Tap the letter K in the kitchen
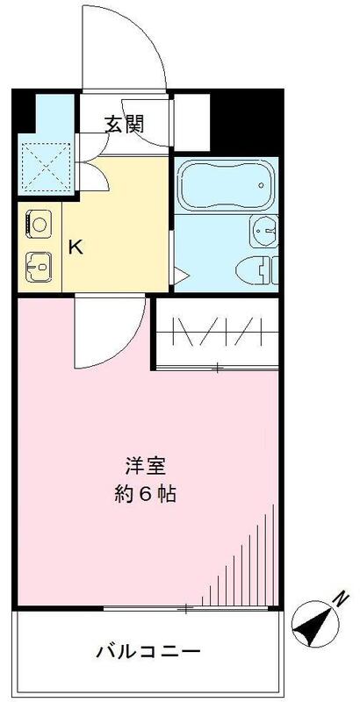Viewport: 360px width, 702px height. [76, 247]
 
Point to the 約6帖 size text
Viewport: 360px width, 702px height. [146, 493]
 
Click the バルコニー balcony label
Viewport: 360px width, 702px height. [148, 652]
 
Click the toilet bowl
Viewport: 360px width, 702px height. [258, 266]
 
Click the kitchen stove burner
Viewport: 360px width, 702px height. [38, 223]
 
